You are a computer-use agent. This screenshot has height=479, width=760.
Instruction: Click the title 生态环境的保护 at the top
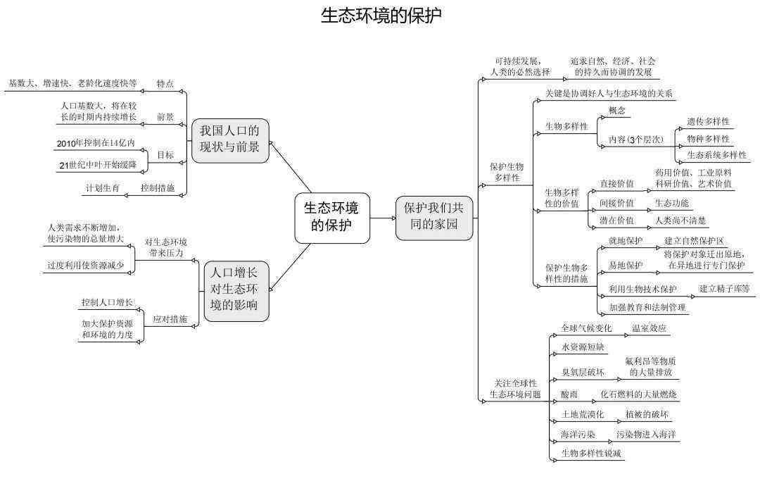(x=381, y=15)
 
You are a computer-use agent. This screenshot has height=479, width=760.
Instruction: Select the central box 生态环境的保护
(x=332, y=218)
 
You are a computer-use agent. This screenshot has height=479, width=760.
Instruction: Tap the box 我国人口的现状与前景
(x=229, y=140)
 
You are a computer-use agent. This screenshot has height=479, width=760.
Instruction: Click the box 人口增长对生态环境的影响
(x=236, y=291)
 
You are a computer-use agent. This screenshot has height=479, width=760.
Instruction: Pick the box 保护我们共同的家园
(x=433, y=218)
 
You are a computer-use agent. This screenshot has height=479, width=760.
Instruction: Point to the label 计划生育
(x=103, y=188)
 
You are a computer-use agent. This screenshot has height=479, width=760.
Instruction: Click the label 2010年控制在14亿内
(x=96, y=143)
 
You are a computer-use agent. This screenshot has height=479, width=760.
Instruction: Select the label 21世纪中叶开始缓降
(x=98, y=165)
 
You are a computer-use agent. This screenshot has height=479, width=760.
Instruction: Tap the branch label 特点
(x=165, y=84)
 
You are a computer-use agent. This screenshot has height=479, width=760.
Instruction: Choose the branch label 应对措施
(x=170, y=319)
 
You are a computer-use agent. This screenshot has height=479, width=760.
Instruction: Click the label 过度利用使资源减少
(x=86, y=265)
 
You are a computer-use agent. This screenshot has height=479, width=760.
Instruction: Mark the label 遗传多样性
(x=708, y=121)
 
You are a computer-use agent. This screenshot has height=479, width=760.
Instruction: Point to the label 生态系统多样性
(x=717, y=155)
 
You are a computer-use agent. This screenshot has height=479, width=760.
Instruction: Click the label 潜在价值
(x=616, y=220)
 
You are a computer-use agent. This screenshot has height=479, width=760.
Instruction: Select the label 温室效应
(x=649, y=328)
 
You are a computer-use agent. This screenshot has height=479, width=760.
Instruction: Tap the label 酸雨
(x=569, y=394)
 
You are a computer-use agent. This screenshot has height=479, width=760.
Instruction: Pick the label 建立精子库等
(x=725, y=288)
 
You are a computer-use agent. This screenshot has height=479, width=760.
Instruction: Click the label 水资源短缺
(x=583, y=347)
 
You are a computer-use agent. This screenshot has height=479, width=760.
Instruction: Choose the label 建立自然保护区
(x=694, y=241)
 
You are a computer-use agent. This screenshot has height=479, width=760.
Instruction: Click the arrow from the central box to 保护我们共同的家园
(x=383, y=218)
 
